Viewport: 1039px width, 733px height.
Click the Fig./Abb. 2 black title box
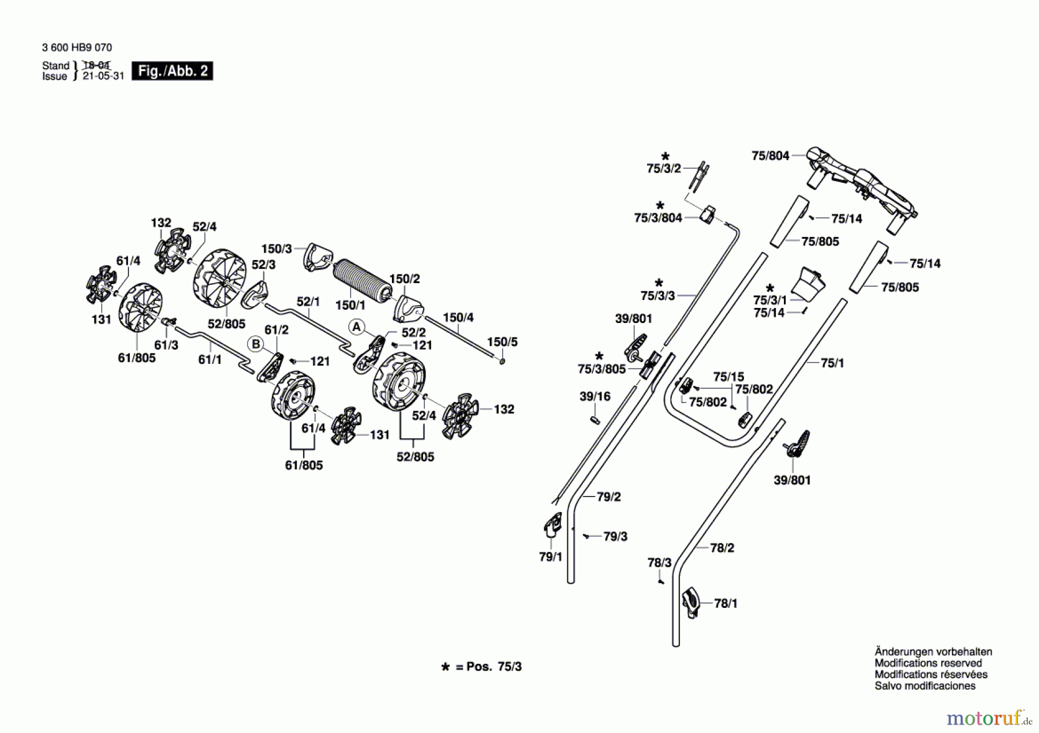coord(172,71)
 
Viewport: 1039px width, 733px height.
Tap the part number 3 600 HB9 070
coord(77,47)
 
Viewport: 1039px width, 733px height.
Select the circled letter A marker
coord(357,328)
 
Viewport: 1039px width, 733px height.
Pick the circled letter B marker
coord(255,344)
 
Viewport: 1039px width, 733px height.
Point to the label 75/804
coord(770,156)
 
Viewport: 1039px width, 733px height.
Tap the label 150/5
coord(502,342)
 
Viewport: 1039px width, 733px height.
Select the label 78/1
coord(726,603)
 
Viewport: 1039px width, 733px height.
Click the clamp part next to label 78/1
coord(691,602)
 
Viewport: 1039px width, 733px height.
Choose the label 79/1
coord(550,557)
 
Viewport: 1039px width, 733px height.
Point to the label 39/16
coord(595,396)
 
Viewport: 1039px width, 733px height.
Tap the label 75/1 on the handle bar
coord(832,363)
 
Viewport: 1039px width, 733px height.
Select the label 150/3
coord(276,249)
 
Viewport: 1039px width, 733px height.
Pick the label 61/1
coord(210,359)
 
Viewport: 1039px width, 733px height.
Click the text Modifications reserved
coord(928,663)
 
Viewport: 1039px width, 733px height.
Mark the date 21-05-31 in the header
coord(103,76)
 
